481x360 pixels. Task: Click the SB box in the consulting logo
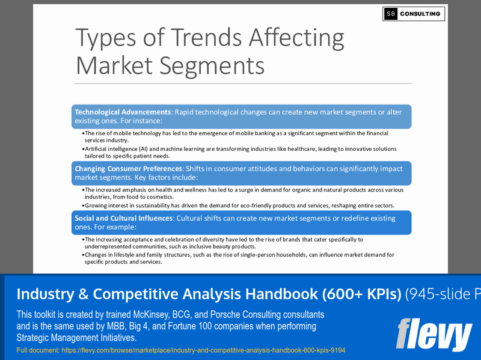[x=391, y=14]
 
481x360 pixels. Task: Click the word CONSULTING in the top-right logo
[x=420, y=14]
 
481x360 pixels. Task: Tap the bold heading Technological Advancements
[x=123, y=112]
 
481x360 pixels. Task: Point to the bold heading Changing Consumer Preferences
[x=128, y=169]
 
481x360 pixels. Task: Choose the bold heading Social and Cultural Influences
[x=123, y=218]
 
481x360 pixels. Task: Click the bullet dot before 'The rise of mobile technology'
[x=82, y=133]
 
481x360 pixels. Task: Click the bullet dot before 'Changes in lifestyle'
[x=82, y=255]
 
